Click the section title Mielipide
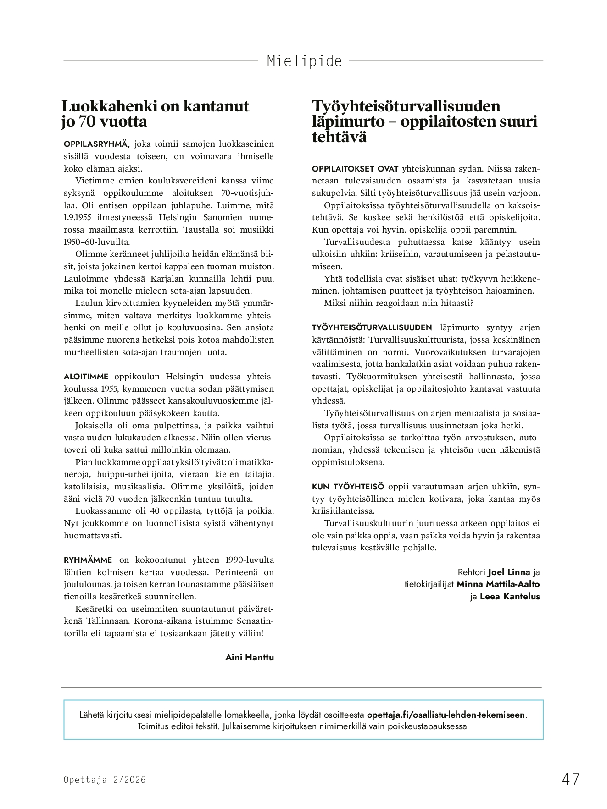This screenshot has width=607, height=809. click(x=304, y=61)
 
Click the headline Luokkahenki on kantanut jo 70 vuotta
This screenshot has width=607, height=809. click(x=155, y=114)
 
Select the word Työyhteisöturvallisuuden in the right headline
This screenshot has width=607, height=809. click(x=406, y=106)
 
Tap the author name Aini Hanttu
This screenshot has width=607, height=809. click(x=250, y=657)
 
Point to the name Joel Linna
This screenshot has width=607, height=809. click(x=509, y=572)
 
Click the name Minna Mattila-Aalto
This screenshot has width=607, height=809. click(x=498, y=584)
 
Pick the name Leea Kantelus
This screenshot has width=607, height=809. click(x=510, y=596)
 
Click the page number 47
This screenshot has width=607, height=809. click(x=570, y=779)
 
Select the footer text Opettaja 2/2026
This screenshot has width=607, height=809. click(x=105, y=780)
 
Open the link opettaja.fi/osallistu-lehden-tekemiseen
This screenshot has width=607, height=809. click(x=446, y=715)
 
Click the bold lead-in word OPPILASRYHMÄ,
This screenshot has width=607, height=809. click(x=97, y=144)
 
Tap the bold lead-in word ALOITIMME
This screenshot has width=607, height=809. click(x=86, y=377)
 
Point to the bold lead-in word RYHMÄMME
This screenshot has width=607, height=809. click(x=88, y=560)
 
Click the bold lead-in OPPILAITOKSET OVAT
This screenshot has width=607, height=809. click(x=355, y=169)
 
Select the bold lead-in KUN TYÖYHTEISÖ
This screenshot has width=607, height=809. click(x=348, y=487)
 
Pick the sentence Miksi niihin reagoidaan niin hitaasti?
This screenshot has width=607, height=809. click(x=398, y=303)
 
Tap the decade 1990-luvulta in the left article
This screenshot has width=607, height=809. click(x=250, y=560)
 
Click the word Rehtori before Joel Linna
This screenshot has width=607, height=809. click(x=471, y=572)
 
